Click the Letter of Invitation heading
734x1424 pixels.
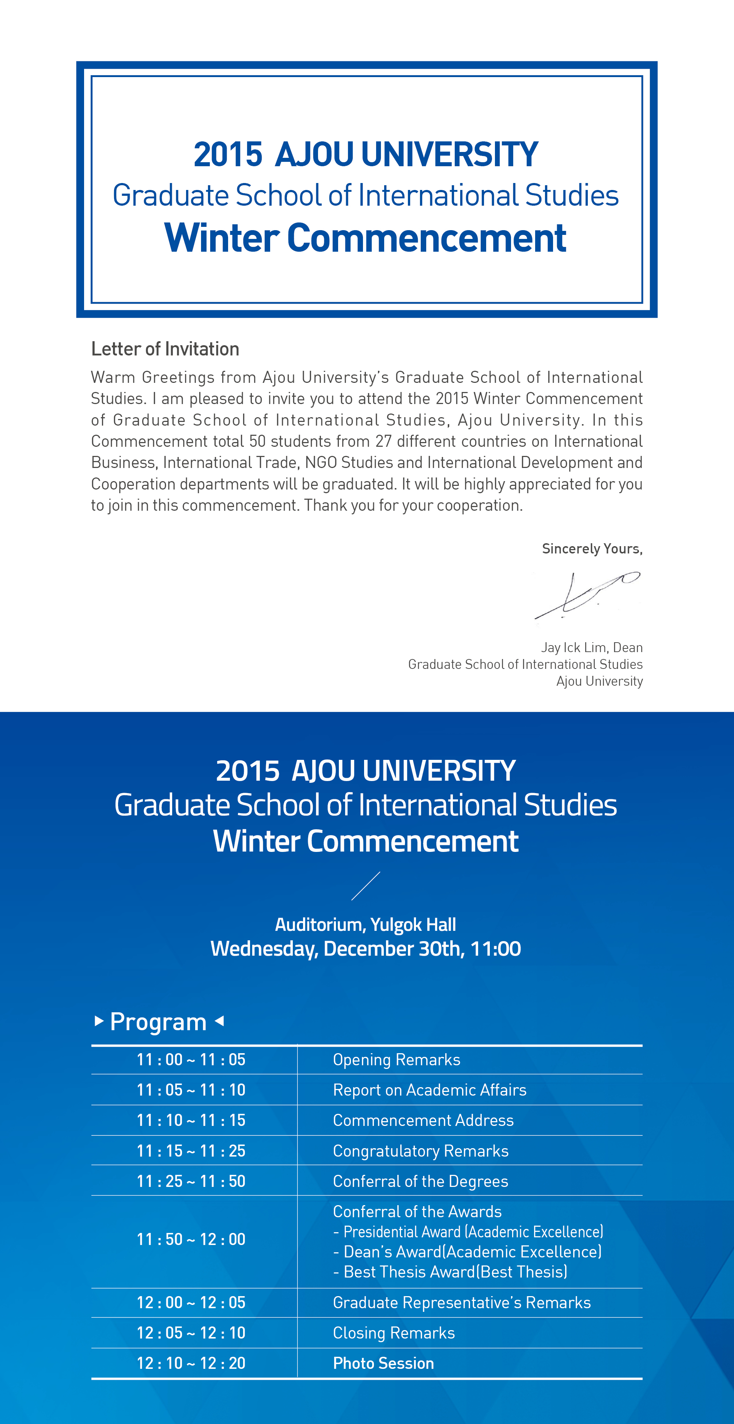point(165,349)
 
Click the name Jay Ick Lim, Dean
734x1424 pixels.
point(591,647)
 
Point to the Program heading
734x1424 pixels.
point(158,1021)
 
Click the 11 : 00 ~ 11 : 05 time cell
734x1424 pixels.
point(191,1060)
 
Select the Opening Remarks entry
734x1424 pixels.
point(396,1060)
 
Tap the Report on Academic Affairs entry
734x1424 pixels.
point(429,1090)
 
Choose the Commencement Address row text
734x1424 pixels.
point(423,1120)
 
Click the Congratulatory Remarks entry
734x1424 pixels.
point(420,1151)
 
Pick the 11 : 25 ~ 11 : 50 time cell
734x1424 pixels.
point(191,1181)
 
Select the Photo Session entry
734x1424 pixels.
point(383,1363)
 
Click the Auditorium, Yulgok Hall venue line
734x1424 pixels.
point(366,925)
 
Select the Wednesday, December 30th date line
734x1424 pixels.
point(366,949)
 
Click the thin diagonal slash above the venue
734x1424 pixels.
point(366,886)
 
